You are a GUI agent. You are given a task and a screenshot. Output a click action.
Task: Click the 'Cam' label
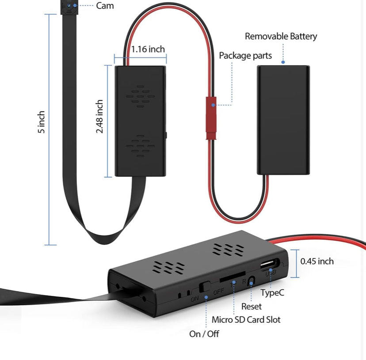click(x=105, y=6)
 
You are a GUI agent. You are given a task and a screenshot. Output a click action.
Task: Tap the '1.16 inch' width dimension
click(x=148, y=49)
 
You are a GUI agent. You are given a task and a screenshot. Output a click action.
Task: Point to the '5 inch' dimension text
click(x=42, y=122)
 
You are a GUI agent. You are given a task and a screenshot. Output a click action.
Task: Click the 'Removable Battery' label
click(x=281, y=36)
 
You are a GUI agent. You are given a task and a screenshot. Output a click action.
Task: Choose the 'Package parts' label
click(x=245, y=56)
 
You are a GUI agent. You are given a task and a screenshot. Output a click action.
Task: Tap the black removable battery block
click(x=283, y=120)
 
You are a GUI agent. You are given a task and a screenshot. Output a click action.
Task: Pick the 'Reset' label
click(x=251, y=306)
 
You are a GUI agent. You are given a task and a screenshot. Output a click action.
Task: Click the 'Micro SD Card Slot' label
click(x=246, y=319)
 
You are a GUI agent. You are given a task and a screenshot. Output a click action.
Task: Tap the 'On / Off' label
click(x=204, y=333)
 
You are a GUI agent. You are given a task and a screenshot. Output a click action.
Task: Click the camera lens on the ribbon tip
click(x=69, y=5)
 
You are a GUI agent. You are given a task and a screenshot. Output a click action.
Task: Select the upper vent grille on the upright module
click(x=140, y=96)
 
